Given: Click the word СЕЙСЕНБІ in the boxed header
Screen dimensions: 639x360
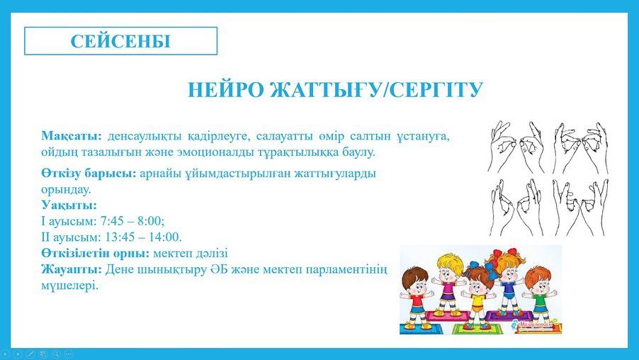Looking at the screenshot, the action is point(120,41).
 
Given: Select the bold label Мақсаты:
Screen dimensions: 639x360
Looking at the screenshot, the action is point(72,136).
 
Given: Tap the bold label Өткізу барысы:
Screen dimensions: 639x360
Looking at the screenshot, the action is point(89,174).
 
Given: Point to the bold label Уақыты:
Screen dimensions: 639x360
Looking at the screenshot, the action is point(69,205).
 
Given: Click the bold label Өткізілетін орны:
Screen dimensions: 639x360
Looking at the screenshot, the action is point(96,253).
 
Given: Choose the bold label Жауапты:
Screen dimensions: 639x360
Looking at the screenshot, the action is point(72,269).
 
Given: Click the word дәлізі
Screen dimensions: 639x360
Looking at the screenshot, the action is point(211,253).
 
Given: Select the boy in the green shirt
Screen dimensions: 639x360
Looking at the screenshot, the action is point(538,294).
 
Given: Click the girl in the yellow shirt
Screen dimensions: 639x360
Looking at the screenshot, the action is point(477,298).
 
